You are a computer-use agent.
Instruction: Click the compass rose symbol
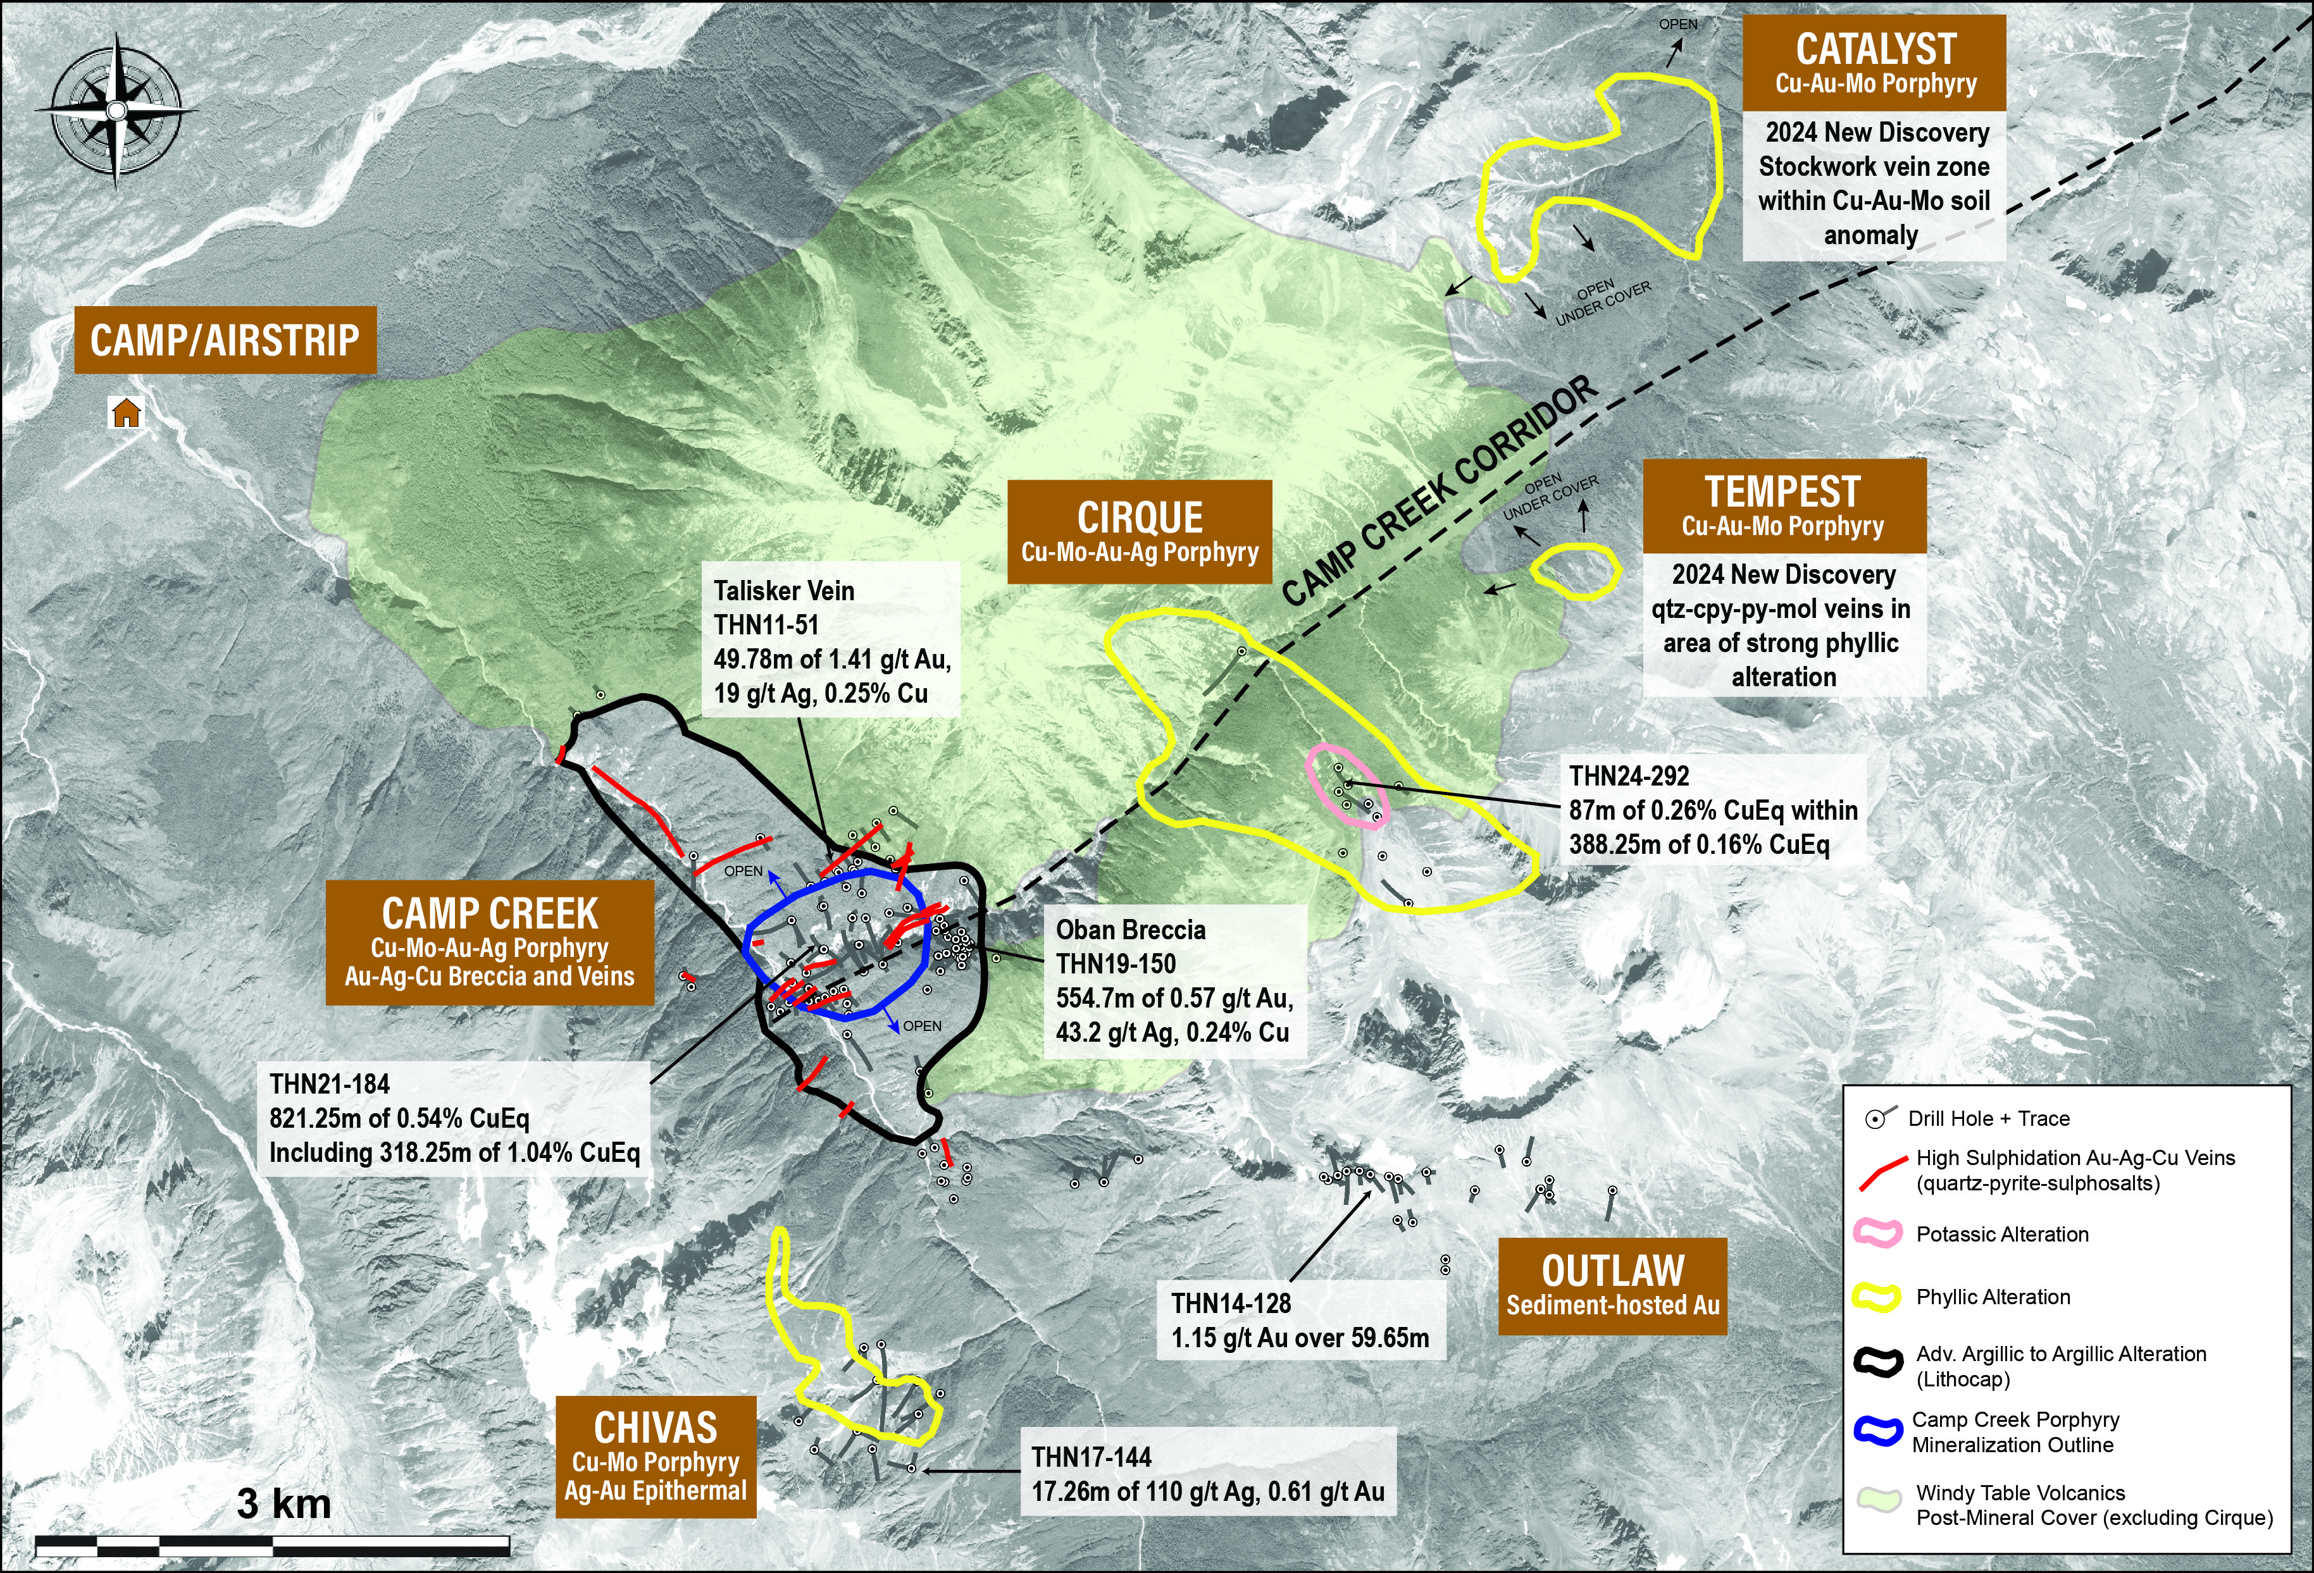coord(116,109)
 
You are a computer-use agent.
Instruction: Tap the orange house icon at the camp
coord(125,412)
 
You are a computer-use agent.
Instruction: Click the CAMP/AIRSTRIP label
coord(225,340)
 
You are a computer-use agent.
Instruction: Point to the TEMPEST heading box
coord(1783,506)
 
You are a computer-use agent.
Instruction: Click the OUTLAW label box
coord(1612,1285)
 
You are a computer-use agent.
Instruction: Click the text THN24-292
coord(1629,777)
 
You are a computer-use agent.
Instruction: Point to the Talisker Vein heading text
coord(783,591)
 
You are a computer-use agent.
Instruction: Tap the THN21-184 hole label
coord(330,1084)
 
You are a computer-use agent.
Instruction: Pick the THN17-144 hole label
coord(1092,1457)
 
